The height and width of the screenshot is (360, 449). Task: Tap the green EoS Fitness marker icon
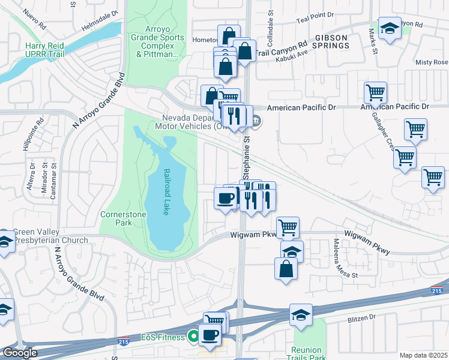[193, 337]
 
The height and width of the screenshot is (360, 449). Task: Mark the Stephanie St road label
[247, 156]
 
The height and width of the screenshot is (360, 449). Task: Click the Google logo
[20, 353]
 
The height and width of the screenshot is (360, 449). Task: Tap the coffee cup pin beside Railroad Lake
[225, 197]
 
